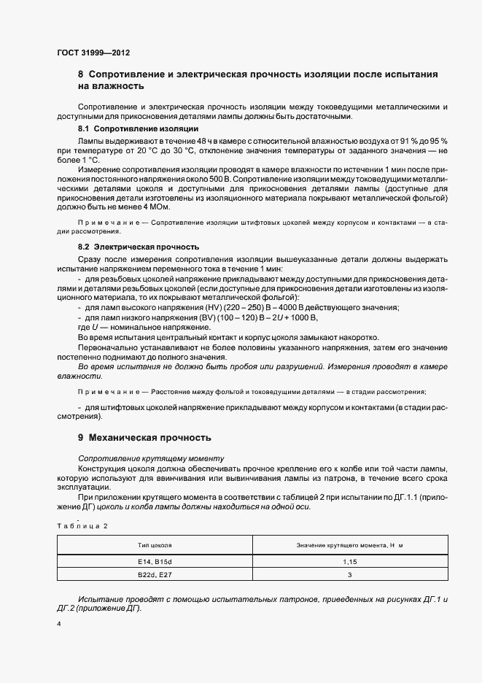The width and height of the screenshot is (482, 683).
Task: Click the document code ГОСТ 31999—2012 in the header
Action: coord(94,53)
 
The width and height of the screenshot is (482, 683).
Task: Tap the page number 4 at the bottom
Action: coord(58,625)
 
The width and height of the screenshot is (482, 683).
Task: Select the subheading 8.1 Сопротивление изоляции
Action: coord(128,128)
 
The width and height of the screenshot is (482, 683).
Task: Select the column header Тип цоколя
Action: coord(155,545)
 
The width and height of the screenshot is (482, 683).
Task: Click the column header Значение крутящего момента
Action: coord(350,545)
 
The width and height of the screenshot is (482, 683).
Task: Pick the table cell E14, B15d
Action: coord(155,561)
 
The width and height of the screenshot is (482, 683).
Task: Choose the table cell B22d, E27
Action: coord(155,576)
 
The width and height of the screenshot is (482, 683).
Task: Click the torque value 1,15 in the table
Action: coord(350,561)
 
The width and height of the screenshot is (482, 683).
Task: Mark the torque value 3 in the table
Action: coord(350,576)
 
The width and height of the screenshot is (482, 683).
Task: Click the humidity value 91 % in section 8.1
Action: coord(413,140)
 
